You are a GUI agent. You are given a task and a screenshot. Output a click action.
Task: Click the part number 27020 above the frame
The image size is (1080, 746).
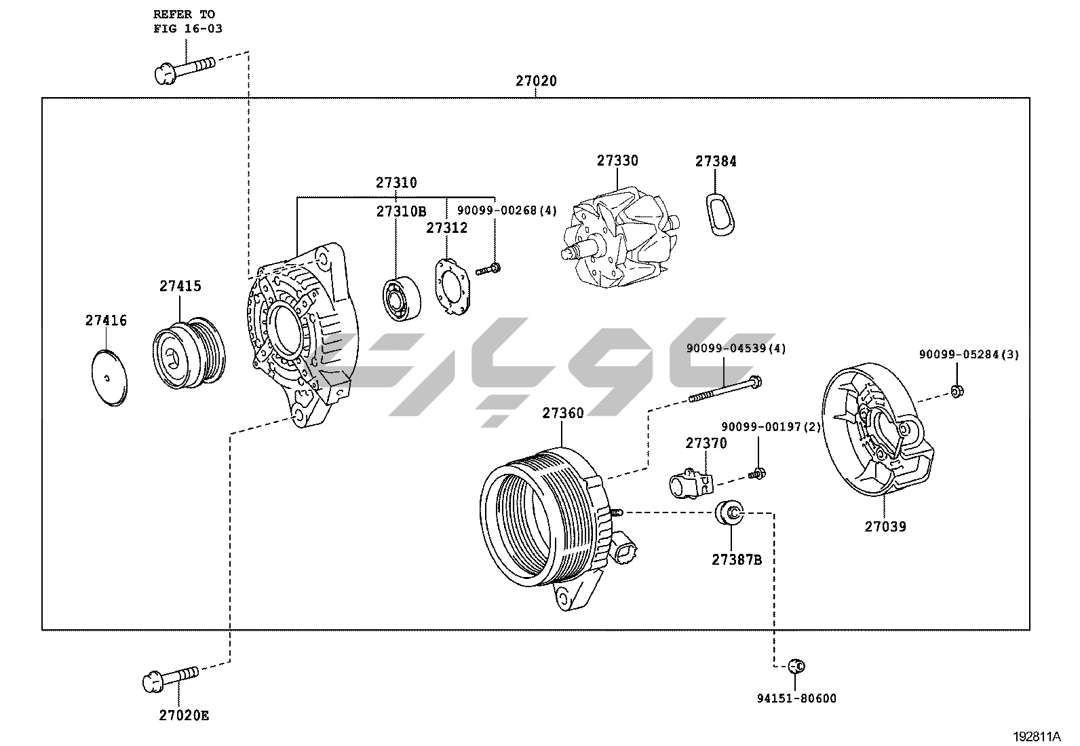(x=536, y=81)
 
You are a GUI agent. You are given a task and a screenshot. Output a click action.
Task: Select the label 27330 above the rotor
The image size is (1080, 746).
(x=617, y=161)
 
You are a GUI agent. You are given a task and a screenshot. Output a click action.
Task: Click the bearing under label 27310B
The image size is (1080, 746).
(x=400, y=299)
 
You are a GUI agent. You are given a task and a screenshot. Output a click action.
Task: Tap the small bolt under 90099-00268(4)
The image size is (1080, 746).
(x=488, y=269)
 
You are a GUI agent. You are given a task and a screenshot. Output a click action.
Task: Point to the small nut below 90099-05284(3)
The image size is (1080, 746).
(x=957, y=391)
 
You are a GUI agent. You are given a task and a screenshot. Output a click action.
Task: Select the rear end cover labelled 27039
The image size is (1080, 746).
(x=875, y=434)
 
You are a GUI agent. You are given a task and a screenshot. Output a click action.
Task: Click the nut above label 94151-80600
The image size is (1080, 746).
(x=797, y=666)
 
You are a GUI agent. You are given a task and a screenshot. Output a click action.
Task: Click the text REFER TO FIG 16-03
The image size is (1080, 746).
(x=187, y=22)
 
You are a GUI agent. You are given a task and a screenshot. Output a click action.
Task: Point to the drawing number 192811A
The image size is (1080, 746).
(x=1037, y=736)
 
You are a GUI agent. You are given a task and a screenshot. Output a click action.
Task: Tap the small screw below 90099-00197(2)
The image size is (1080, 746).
(x=756, y=472)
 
